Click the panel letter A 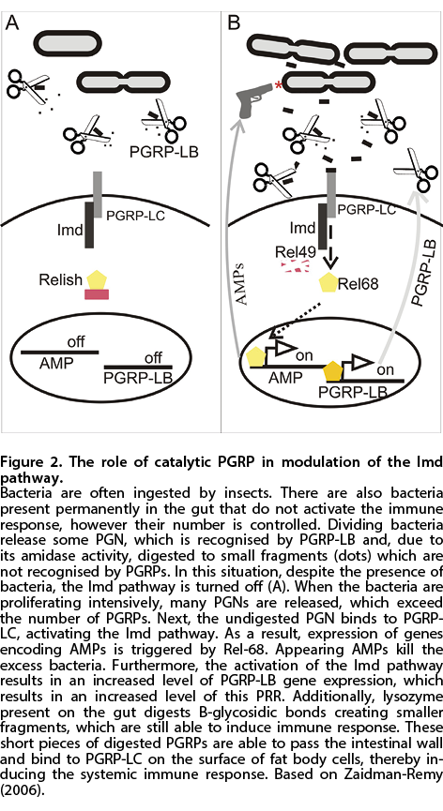(12, 22)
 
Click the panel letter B (235, 22)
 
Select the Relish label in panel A (61, 279)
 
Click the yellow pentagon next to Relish (97, 279)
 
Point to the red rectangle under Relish (97, 294)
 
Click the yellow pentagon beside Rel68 (328, 283)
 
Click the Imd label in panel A (71, 230)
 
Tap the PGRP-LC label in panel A (135, 216)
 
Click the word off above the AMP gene (76, 342)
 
